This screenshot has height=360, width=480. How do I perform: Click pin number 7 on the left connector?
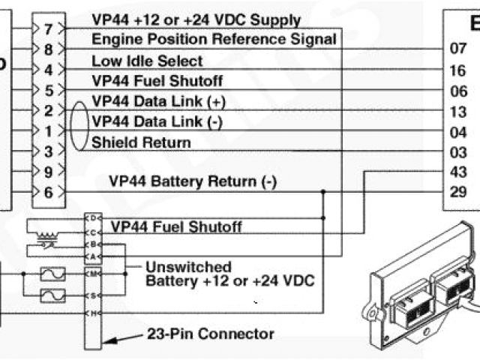(x=48, y=30)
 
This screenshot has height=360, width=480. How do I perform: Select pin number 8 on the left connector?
(x=48, y=50)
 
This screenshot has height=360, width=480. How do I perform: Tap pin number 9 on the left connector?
(x=48, y=172)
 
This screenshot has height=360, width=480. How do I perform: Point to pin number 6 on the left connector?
(x=48, y=192)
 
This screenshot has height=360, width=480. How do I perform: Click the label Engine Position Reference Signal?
(x=214, y=39)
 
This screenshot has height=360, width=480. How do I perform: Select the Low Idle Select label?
(x=147, y=60)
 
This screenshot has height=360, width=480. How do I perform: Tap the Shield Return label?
(x=141, y=142)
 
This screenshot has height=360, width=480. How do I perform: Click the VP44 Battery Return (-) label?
(x=193, y=181)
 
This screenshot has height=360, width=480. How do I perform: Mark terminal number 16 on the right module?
(x=457, y=70)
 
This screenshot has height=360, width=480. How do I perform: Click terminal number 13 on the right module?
(x=457, y=112)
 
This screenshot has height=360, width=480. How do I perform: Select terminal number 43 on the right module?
(x=457, y=172)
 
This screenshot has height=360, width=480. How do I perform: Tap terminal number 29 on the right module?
(x=457, y=193)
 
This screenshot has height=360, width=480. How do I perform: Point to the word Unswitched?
(x=188, y=267)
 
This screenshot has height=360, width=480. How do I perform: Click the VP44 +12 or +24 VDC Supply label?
(x=196, y=19)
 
